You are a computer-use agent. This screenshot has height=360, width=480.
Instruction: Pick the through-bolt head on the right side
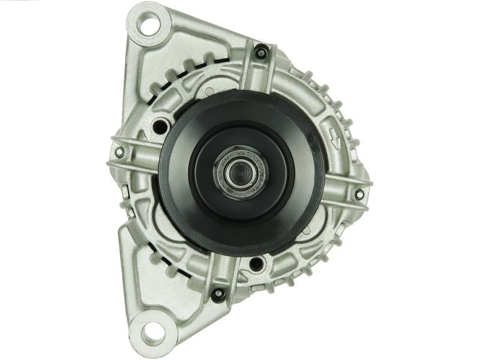(x=359, y=194)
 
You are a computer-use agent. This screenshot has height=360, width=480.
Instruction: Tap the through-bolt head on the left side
(x=120, y=152)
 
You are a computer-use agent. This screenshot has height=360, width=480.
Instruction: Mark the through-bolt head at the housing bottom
(x=217, y=293)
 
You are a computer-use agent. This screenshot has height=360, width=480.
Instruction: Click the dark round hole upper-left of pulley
(x=160, y=127)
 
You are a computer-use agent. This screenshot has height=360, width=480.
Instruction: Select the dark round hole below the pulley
(x=256, y=263)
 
